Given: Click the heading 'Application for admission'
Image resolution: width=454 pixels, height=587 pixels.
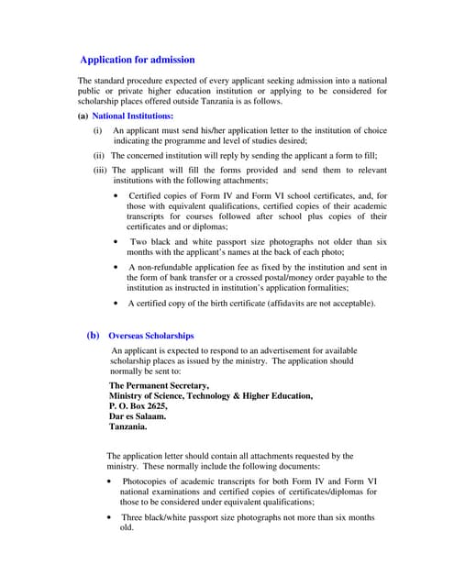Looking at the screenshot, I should [138, 60].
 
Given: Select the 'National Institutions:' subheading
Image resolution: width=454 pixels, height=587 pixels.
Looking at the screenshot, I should [119, 116].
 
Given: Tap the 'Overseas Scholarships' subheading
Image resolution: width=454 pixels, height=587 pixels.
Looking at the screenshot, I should [150, 337].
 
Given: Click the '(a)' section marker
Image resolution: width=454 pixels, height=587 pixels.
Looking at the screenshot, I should [83, 116].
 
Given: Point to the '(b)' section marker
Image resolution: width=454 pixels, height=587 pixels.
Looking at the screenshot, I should [93, 336].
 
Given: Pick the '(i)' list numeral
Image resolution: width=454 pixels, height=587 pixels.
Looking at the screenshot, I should [98, 131].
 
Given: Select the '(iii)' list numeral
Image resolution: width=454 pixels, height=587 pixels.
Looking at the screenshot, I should [100, 171].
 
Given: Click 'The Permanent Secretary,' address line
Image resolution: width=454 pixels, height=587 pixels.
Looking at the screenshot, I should [159, 386].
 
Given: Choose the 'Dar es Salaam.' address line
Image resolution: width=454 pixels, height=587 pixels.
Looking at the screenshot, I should [138, 416].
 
